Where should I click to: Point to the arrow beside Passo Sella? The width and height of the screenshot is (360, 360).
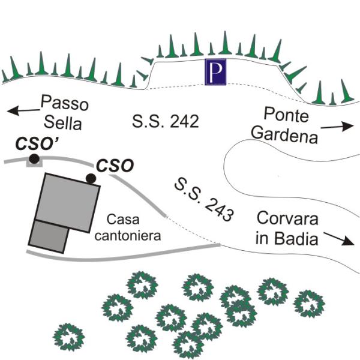22,110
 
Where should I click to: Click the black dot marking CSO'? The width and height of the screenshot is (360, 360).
34,158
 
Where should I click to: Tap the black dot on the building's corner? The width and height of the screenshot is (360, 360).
91,178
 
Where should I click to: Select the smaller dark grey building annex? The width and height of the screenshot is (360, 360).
48,236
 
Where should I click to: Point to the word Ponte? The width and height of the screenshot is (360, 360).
283,112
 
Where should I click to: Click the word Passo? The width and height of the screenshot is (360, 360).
64,103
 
